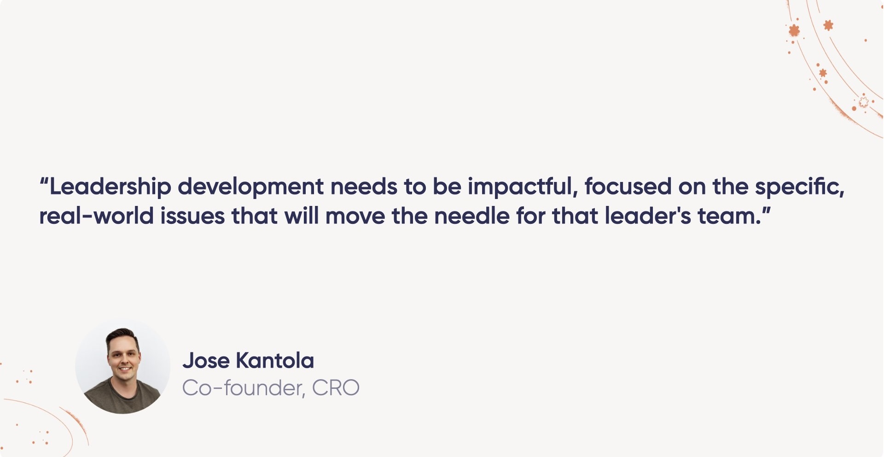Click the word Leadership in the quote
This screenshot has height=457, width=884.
pos(110,187)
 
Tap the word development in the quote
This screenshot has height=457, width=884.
pos(250,187)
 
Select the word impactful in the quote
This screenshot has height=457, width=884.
pos(522,187)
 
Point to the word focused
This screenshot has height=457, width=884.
pos(628,186)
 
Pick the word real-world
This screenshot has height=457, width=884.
pos(96,216)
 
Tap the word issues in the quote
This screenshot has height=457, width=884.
pos(192,216)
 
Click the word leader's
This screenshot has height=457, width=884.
pos(648,216)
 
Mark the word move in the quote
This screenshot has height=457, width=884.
pos(355,216)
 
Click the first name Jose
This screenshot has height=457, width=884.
pos(206,361)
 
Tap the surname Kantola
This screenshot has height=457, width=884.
pos(275,361)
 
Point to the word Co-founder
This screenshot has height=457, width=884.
pos(244,388)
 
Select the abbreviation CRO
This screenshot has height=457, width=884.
pos(336,388)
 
